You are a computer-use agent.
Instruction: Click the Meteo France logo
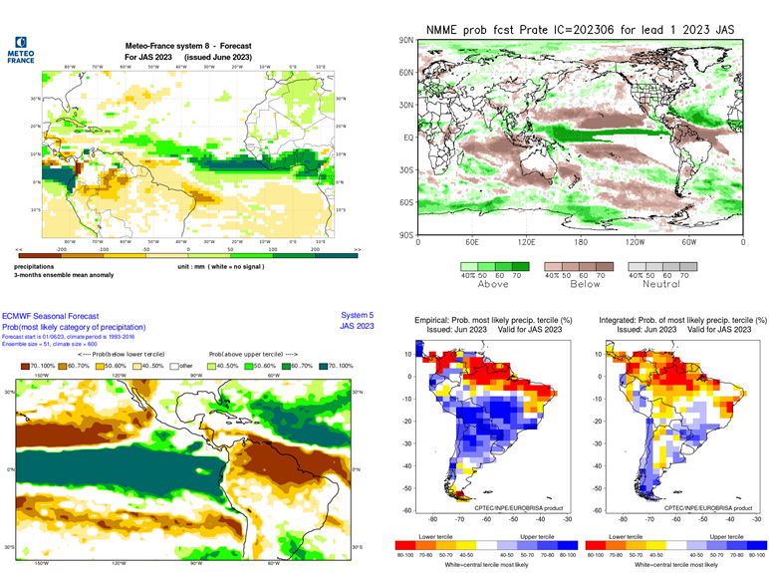[x=21, y=51]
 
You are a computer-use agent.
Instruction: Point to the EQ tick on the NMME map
[x=407, y=138]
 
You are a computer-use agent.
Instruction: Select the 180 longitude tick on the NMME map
[x=581, y=243]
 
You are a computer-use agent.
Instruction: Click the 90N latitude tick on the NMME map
[x=406, y=41]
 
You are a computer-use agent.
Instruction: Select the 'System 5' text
[x=357, y=315]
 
